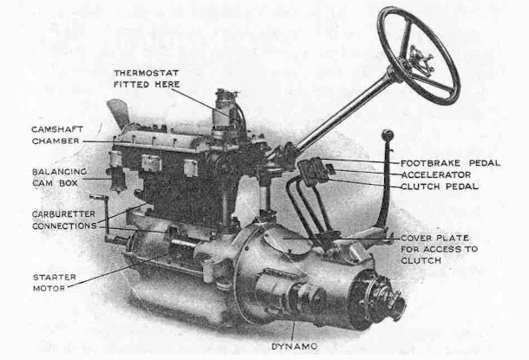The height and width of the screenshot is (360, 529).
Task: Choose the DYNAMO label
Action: point(294,345)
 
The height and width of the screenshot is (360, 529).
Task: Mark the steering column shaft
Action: point(343,112)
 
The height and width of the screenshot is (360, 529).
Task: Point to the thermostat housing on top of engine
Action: point(227,108)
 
